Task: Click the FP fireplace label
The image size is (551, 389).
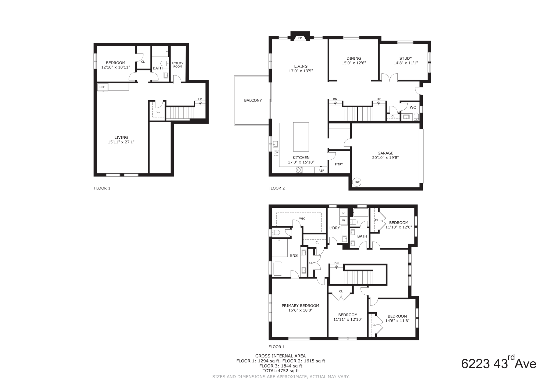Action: (300, 38)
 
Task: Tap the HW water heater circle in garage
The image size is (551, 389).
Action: (357, 182)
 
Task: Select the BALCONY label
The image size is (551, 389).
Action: (253, 100)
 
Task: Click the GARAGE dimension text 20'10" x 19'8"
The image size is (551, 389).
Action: (385, 158)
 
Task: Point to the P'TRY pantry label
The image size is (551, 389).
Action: (339, 164)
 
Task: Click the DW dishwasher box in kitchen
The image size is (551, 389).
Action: (276, 153)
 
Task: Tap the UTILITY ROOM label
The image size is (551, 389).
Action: (178, 65)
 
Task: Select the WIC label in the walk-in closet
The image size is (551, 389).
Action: (302, 219)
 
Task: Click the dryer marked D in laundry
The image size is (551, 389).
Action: (343, 213)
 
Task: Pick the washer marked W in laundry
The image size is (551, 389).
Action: (343, 221)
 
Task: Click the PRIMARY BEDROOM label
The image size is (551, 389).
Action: (300, 306)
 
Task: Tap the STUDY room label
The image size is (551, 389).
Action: (406, 58)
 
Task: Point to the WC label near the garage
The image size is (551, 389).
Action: (413, 107)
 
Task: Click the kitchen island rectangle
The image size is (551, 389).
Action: (301, 137)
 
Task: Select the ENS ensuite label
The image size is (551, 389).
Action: (294, 256)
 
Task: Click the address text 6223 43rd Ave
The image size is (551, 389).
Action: (499, 364)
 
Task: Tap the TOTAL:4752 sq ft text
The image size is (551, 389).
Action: (281, 371)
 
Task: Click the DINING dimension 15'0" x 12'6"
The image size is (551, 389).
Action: (354, 63)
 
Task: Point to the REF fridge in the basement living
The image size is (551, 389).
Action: (102, 87)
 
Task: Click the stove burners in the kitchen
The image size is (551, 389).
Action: (299, 170)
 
